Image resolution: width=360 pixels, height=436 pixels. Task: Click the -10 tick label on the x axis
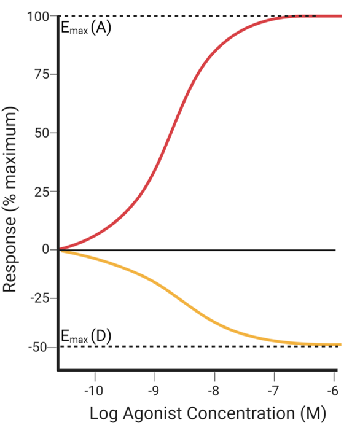[x=95, y=391]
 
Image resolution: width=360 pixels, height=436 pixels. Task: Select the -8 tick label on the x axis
[x=213, y=391]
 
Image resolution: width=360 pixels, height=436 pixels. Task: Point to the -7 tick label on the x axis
[x=273, y=391]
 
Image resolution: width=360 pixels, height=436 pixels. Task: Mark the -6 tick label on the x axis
[x=332, y=391]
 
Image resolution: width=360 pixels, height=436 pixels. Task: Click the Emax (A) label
[x=85, y=28]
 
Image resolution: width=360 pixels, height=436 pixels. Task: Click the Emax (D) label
[x=85, y=336]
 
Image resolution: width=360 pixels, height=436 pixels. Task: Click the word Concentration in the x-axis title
[x=235, y=415]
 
